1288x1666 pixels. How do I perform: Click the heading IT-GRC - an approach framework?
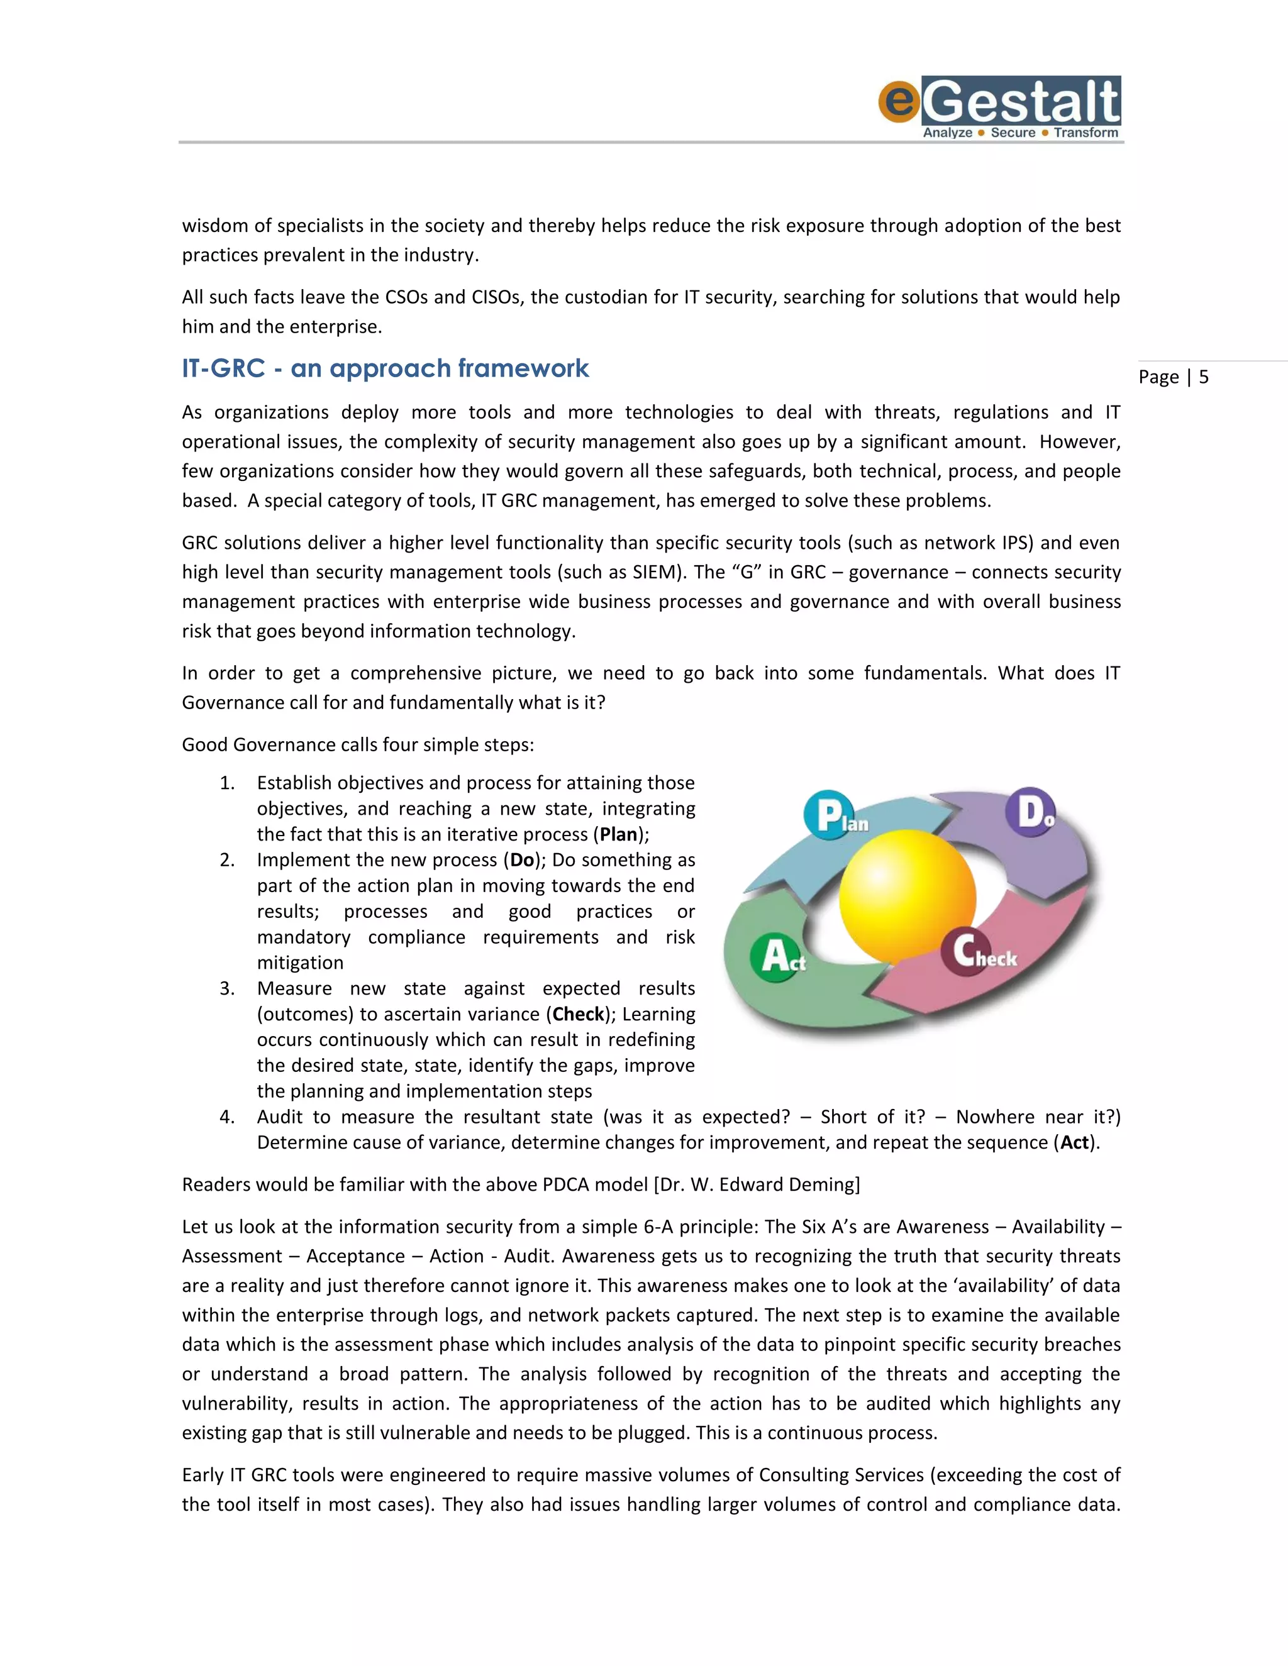[x=386, y=368]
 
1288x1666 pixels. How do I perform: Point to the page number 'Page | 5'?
[x=1173, y=377]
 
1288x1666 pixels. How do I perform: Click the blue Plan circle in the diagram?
[x=829, y=815]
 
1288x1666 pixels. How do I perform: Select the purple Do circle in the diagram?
[x=1030, y=812]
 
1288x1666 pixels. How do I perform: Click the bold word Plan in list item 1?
[x=618, y=834]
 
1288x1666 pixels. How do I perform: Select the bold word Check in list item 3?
[x=579, y=1015]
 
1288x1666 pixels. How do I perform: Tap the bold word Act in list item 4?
[x=1074, y=1143]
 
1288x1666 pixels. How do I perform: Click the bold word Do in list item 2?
[x=522, y=861]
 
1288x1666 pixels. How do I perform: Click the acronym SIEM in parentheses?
[x=658, y=572]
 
